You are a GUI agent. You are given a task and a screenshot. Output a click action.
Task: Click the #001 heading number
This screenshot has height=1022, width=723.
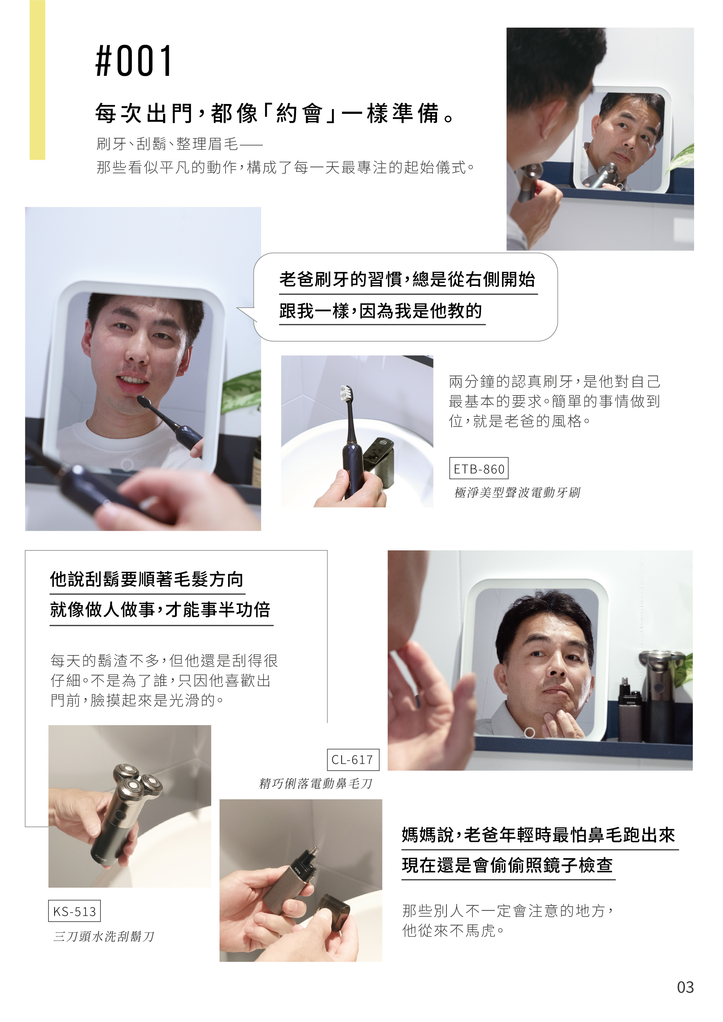134,61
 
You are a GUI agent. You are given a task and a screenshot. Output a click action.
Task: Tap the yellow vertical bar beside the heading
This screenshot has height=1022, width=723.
38,80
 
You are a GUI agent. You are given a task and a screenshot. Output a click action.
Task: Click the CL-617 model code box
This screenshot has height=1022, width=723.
352,759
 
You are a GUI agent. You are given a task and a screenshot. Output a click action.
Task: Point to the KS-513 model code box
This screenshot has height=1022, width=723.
74,911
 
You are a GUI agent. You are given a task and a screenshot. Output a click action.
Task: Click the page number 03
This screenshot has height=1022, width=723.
685,987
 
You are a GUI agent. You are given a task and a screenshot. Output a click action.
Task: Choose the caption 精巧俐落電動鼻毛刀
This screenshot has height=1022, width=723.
315,783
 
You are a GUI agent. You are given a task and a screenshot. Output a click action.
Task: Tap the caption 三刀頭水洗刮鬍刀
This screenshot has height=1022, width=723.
104,936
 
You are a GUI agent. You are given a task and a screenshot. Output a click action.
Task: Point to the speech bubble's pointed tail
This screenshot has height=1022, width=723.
239,308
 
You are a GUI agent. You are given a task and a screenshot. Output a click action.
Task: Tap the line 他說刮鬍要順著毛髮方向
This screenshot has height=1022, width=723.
146,579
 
